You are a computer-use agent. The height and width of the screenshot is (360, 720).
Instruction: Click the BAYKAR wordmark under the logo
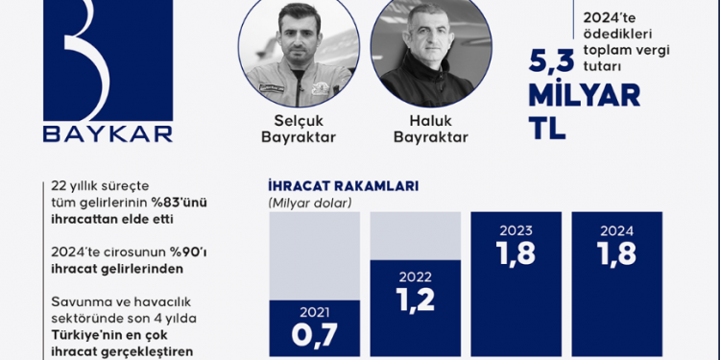[108, 132]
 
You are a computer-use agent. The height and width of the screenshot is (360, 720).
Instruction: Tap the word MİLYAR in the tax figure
[585, 97]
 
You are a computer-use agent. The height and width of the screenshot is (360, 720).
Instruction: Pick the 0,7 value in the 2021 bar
[314, 339]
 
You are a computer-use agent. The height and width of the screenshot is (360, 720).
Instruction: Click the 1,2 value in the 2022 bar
[414, 300]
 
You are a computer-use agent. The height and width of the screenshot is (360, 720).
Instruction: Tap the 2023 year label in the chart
[515, 231]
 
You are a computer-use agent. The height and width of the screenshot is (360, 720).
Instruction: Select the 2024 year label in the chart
[616, 231]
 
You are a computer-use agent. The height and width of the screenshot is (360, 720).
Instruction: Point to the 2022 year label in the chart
[414, 275]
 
